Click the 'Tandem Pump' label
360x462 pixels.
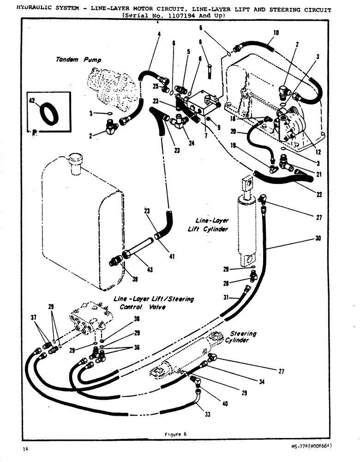[x=77, y=60]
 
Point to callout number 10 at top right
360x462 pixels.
[x=276, y=33]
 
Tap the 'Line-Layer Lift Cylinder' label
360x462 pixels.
[x=208, y=225]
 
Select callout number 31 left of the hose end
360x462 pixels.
[x=227, y=298]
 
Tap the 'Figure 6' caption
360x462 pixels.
[x=176, y=434]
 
